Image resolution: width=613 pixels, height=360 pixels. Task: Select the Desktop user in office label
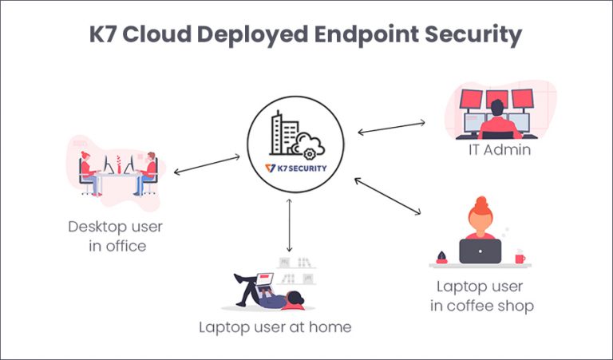[117, 236]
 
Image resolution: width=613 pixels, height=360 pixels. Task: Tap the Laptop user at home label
[275, 326]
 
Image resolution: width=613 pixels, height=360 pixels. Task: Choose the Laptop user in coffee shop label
[484, 295]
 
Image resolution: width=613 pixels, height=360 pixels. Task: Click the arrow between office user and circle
[206, 164]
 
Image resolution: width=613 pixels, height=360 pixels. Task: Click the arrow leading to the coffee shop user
[388, 196]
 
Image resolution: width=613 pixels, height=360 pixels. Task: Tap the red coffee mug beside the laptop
[520, 256]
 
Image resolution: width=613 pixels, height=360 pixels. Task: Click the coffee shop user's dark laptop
[480, 251]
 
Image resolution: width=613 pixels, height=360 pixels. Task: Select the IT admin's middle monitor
[496, 99]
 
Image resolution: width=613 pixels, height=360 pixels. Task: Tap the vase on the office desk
[118, 163]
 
